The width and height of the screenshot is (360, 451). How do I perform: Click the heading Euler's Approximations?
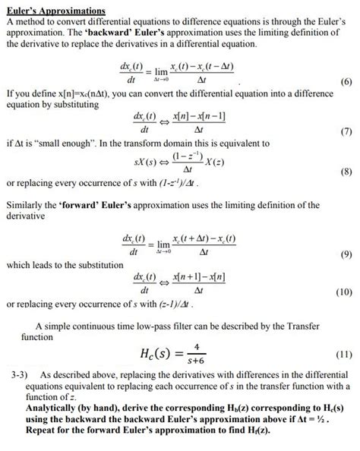click(x=56, y=11)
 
